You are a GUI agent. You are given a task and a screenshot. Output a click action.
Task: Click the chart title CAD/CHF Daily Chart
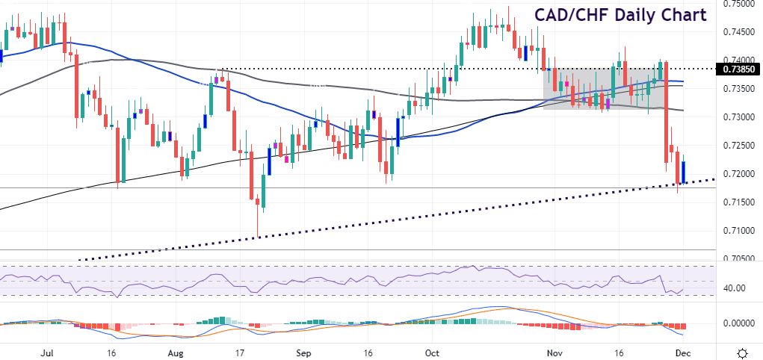coord(620,15)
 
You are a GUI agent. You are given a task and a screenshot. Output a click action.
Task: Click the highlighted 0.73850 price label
coord(740,69)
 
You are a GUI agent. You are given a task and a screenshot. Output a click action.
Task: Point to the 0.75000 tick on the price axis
coord(740,4)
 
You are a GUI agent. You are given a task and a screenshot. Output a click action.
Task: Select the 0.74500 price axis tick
coord(740,31)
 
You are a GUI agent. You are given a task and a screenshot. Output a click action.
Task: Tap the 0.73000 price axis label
coord(740,117)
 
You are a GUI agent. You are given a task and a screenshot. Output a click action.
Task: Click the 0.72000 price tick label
coord(740,174)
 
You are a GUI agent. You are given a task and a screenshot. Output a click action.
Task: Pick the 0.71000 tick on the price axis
coord(740,231)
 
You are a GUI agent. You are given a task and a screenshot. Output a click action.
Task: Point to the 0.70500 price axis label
coord(740,258)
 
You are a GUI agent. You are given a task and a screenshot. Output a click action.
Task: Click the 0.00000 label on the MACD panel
coord(740,323)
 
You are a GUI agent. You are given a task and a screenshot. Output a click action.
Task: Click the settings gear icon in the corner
coord(743,352)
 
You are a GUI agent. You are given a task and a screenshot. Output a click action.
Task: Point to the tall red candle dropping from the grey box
coord(665,112)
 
